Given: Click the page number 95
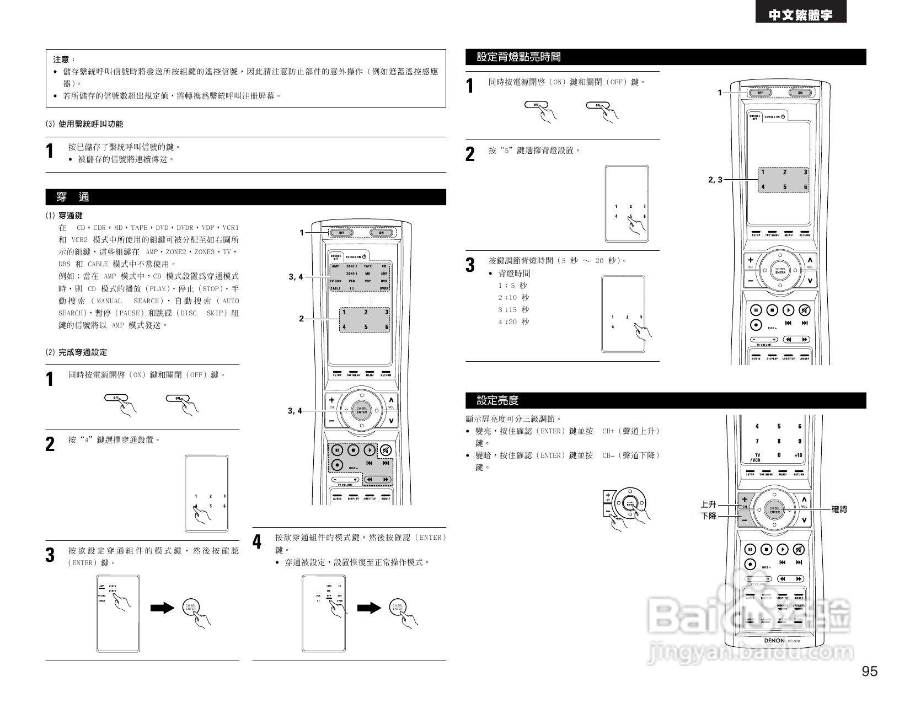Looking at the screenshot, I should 869,671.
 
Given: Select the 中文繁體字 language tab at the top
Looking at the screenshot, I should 801,15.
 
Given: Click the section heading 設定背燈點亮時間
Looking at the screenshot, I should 518,57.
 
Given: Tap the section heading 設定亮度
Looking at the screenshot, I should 497,400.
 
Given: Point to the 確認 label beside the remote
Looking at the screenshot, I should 839,509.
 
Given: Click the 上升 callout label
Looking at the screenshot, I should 708,504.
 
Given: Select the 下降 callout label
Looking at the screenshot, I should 708,516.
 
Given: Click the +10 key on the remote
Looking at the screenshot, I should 798,455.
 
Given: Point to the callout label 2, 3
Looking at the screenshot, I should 715,180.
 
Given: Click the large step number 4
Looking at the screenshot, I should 257,542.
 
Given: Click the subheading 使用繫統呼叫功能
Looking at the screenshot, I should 90,124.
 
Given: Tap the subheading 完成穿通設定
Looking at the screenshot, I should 83,352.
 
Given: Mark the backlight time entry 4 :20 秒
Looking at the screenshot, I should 513,322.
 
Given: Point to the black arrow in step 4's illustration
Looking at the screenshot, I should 369,608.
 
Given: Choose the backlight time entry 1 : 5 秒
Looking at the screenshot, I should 512,286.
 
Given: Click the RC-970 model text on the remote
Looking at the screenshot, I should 794,641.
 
